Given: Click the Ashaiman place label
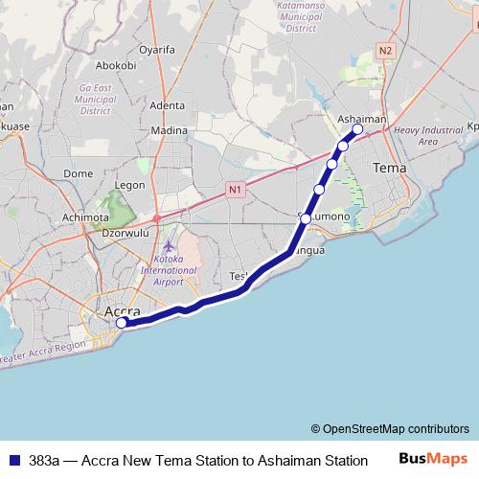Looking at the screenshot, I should click(362, 119).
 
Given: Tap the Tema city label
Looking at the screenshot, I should click(388, 168).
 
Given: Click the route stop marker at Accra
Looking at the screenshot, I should click(122, 323).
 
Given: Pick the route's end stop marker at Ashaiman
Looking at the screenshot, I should click(357, 129).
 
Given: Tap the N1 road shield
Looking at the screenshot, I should click(235, 191).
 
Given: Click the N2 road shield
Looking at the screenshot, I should click(385, 49).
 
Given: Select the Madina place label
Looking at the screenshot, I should click(170, 130).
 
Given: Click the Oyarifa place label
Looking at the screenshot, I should click(157, 46).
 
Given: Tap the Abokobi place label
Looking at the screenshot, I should click(116, 66).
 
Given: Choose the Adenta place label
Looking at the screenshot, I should click(168, 105).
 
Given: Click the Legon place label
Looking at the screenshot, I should click(129, 185).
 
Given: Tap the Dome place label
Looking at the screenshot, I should click(78, 173).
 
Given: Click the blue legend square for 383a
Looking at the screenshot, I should click(13, 460).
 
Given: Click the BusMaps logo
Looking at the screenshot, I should click(433, 459).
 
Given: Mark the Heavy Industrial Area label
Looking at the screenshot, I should click(428, 135).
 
